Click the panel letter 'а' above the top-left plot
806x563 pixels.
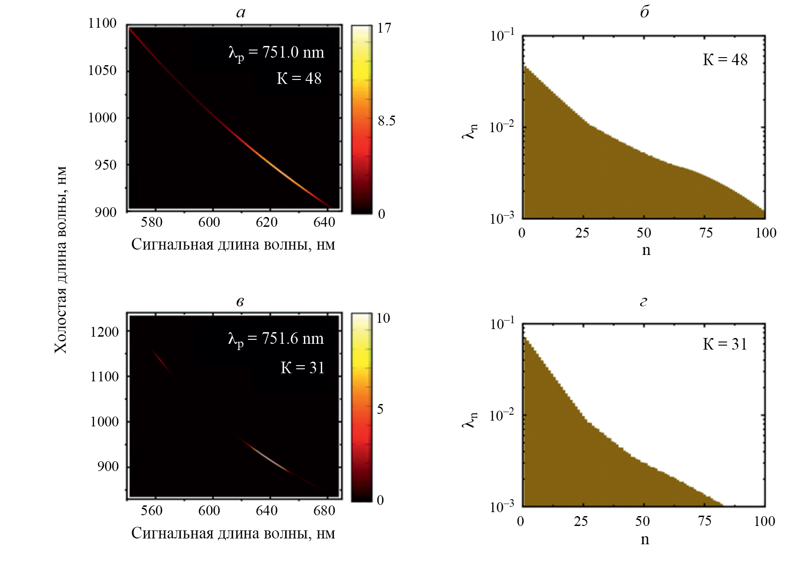coord(241,13)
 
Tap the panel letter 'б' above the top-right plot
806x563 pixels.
coord(644,12)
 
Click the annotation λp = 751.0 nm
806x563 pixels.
coord(276,53)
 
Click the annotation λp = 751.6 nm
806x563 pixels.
coord(276,339)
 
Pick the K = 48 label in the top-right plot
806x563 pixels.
coord(725,60)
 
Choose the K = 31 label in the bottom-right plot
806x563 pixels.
coord(725,344)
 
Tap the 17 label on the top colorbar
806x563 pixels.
coord(384,29)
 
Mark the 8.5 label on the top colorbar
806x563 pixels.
coord(386,121)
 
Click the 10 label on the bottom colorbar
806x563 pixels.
coord(383,318)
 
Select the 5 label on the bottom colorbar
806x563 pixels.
coord(380,409)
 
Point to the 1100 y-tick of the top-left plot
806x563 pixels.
coord(102,23)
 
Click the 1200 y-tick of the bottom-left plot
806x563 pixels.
coord(104,332)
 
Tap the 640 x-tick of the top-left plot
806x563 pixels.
coord(324,222)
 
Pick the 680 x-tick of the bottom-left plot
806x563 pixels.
coord(324,511)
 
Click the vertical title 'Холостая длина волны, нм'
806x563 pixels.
coord(61,260)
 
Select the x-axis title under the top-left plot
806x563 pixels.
coord(233,245)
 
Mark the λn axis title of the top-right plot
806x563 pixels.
coord(470,131)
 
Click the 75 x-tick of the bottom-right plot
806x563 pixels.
coord(704,521)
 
